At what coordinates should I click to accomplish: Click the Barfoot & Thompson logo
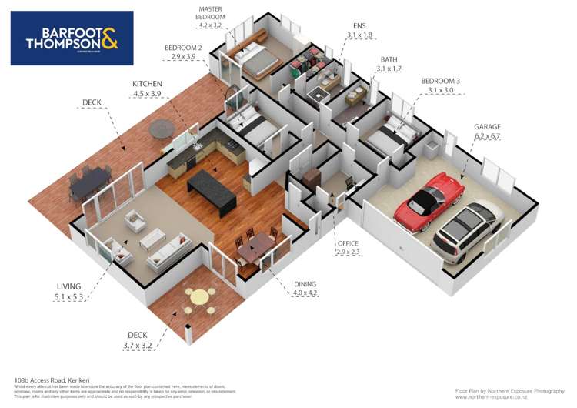point(72,38)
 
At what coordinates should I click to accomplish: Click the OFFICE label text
point(348,243)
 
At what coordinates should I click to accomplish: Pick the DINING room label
point(306,283)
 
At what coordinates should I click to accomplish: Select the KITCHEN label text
point(147,83)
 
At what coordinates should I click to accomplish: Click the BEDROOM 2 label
point(183,48)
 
